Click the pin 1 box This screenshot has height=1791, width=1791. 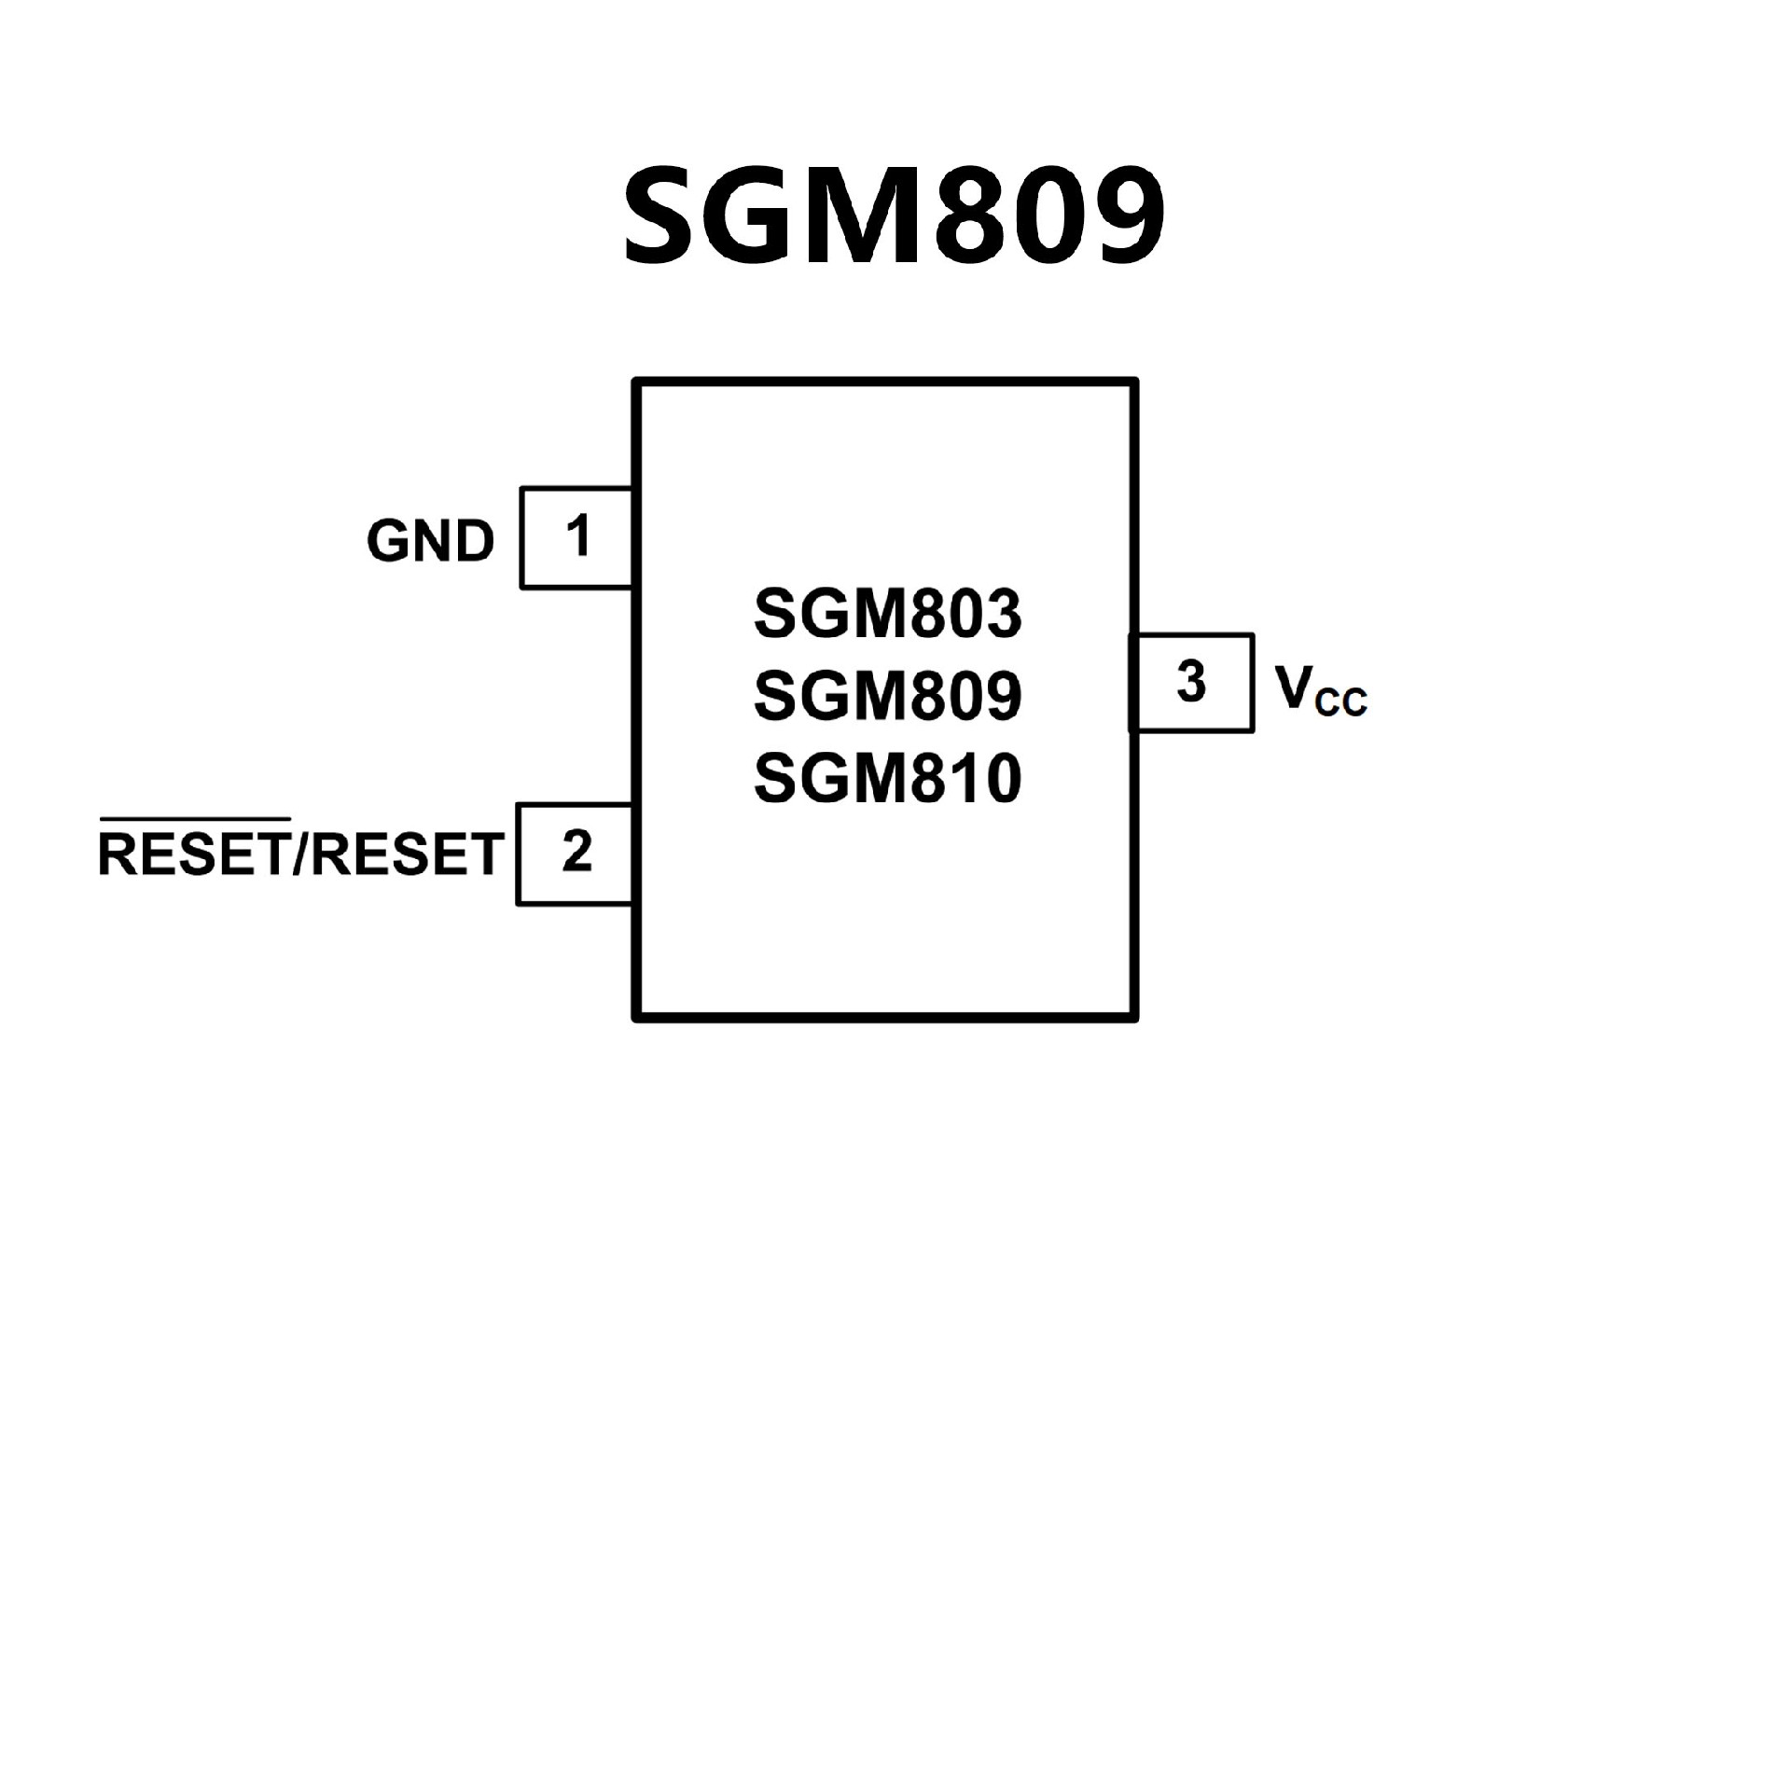(576, 537)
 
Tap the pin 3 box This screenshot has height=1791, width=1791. (1191, 682)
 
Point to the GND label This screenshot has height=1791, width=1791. (430, 541)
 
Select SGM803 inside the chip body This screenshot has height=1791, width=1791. (887, 614)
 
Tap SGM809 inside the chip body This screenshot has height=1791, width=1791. (887, 696)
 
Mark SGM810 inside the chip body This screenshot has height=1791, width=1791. (887, 779)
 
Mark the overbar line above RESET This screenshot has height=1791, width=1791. (194, 820)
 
